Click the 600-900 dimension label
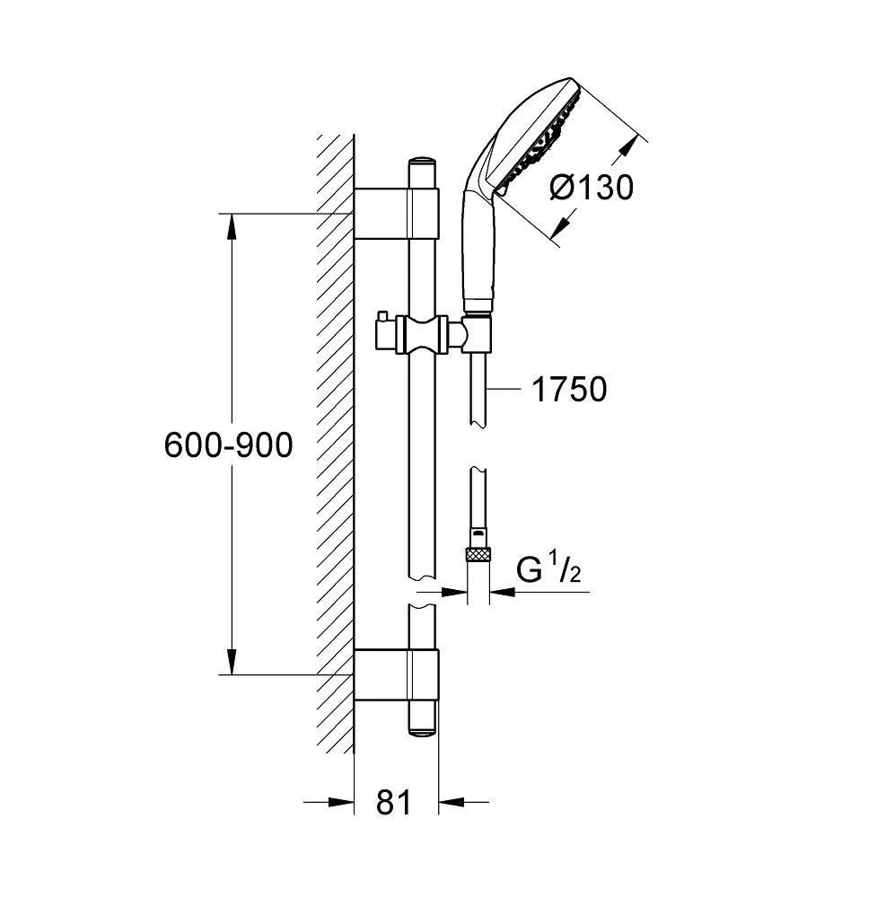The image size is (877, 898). point(228,445)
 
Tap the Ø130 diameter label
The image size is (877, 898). point(592,188)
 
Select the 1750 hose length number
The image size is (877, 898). point(570,390)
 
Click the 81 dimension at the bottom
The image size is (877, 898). point(394,802)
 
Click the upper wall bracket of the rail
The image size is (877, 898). point(397,213)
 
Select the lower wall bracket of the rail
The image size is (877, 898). point(397,674)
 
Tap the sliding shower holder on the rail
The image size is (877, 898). point(425,335)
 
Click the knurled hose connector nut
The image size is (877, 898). point(478,554)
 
